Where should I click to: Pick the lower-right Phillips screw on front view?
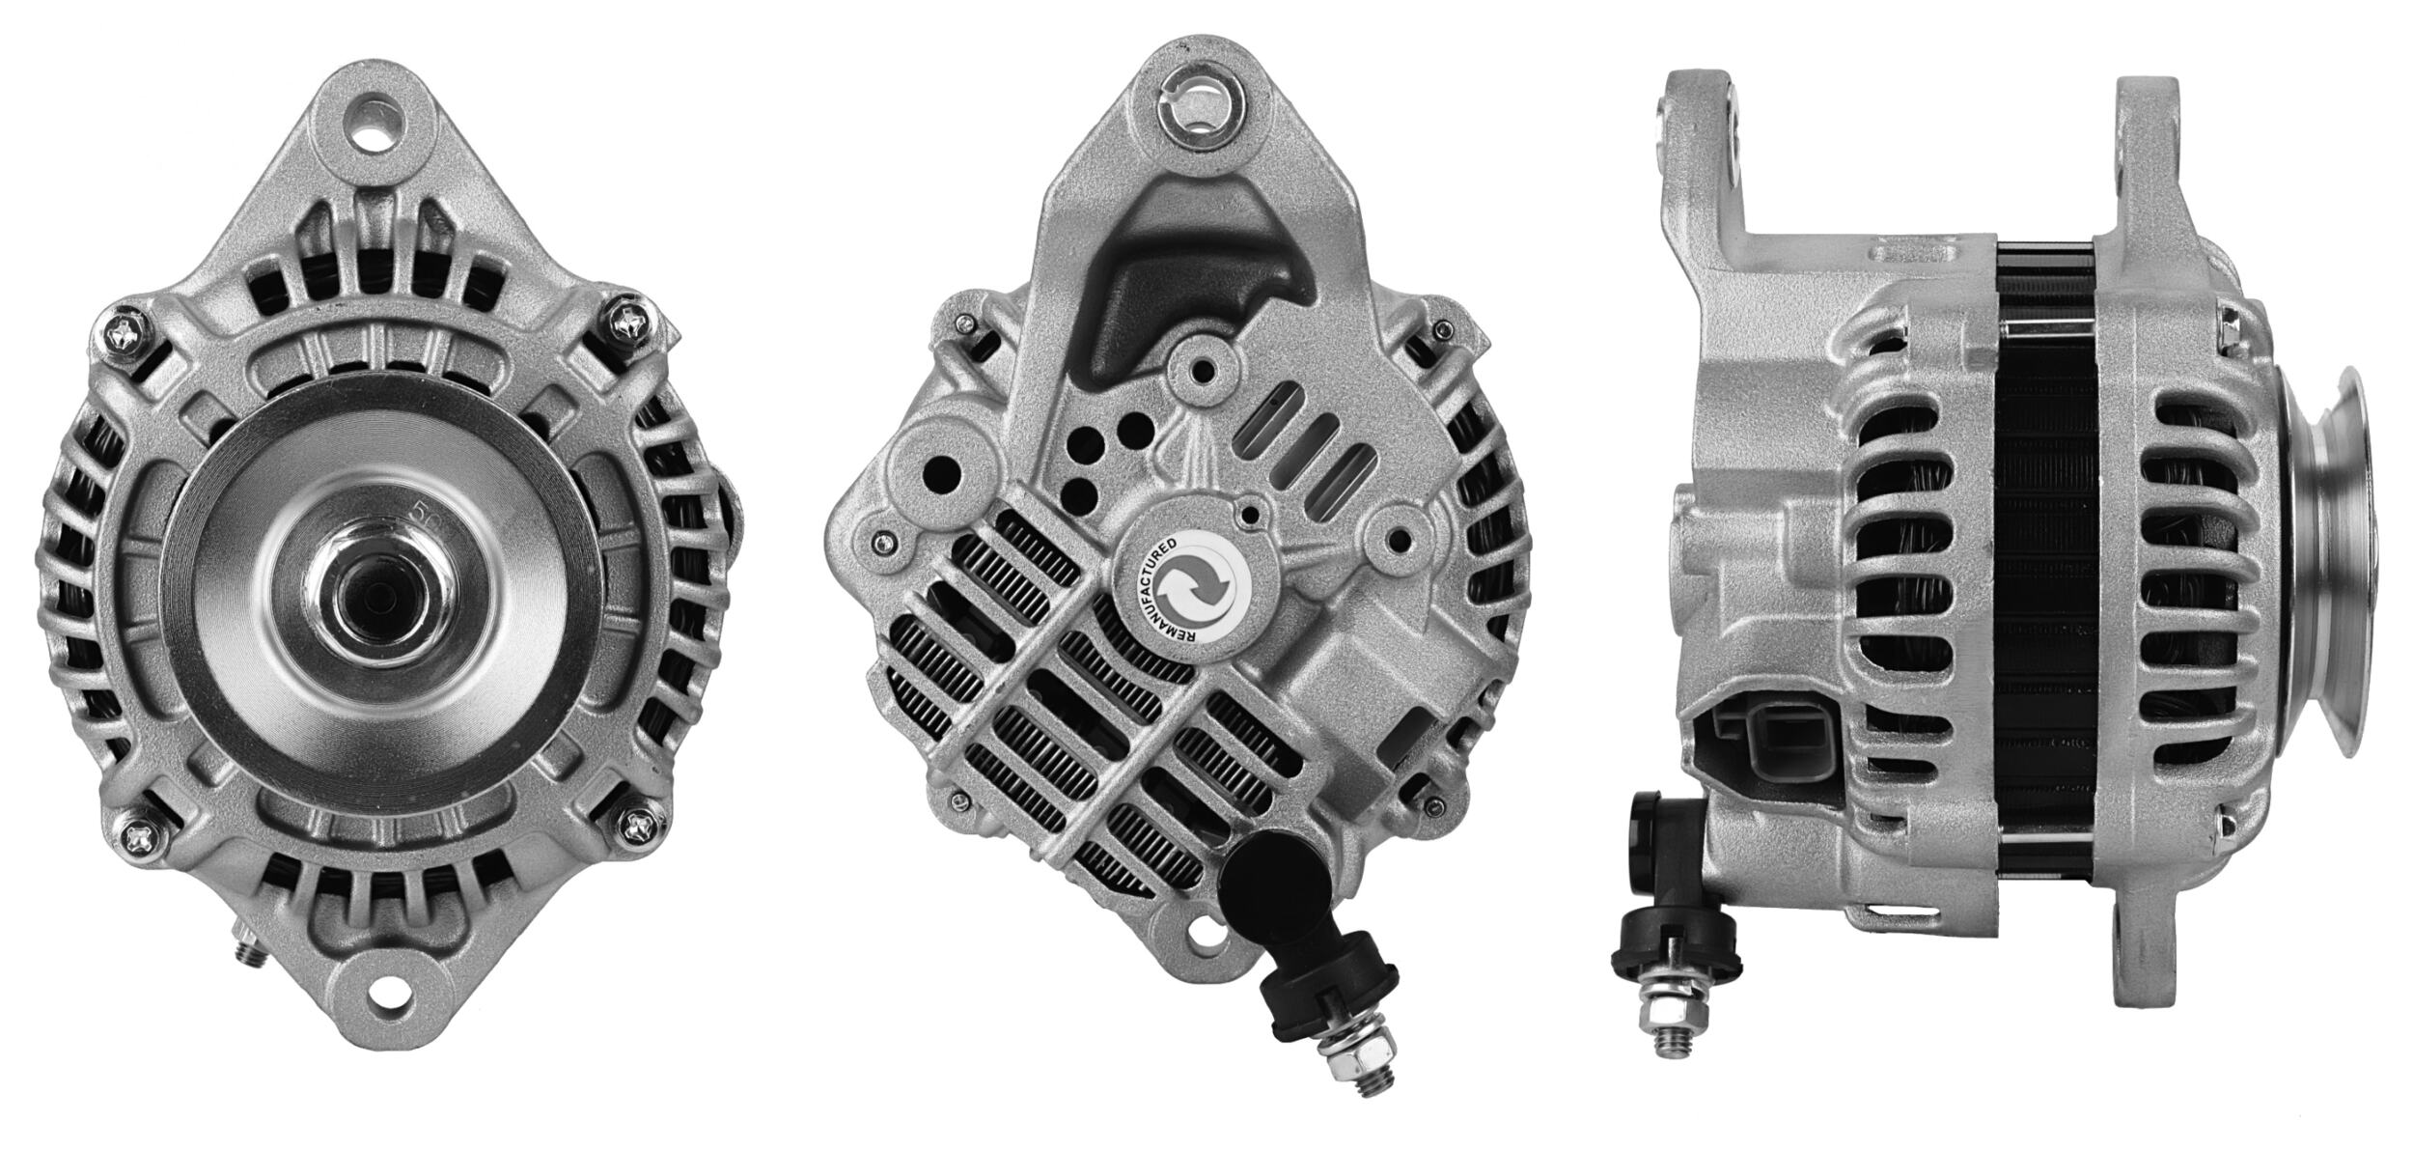[x=640, y=825]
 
